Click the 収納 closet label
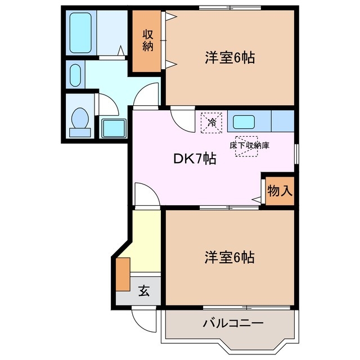point(148,40)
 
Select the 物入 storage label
point(280,191)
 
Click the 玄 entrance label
point(145,291)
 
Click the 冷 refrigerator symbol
point(212,121)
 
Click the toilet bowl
point(80,120)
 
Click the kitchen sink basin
point(244,121)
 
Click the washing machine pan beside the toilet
point(114,128)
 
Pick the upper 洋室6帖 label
point(229,58)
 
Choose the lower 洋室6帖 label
point(229,258)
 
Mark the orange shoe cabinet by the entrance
point(123,273)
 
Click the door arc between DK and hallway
point(146,194)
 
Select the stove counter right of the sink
point(283,121)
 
